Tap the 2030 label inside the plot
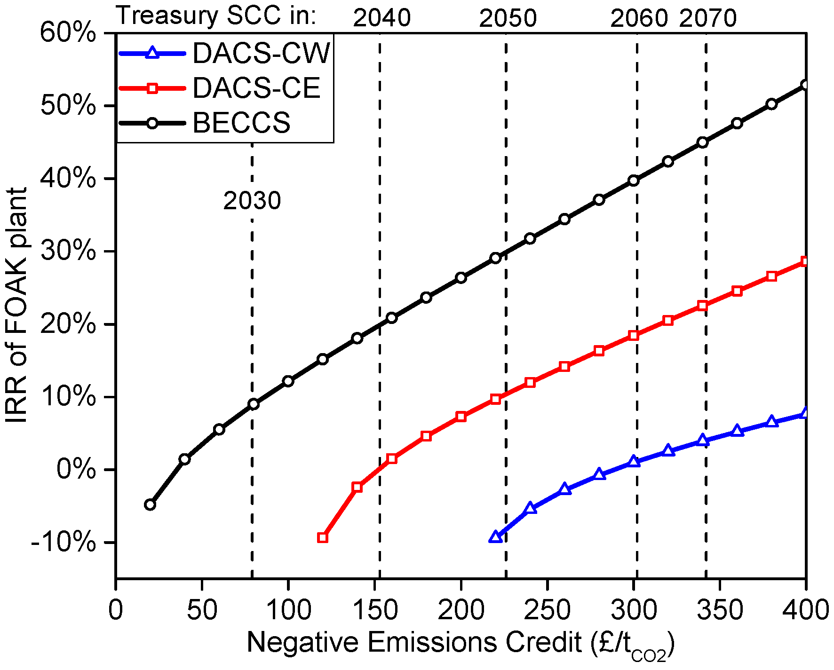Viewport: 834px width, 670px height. [252, 201]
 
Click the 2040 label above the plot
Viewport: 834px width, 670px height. [381, 18]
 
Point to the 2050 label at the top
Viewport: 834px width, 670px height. [508, 19]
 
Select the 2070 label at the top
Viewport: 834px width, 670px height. [707, 19]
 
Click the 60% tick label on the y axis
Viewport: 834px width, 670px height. [68, 33]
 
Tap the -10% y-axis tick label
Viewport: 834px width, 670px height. [64, 543]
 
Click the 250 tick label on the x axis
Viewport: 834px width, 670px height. [547, 610]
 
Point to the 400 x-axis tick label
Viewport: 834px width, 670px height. [805, 610]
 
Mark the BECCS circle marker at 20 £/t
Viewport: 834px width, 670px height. [150, 504]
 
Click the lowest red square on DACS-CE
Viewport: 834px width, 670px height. [322, 537]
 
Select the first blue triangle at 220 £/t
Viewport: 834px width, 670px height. [495, 537]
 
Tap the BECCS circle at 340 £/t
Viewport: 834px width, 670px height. [702, 142]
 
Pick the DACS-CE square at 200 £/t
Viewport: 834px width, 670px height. [461, 417]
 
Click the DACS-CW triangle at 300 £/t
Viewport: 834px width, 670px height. [634, 461]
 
